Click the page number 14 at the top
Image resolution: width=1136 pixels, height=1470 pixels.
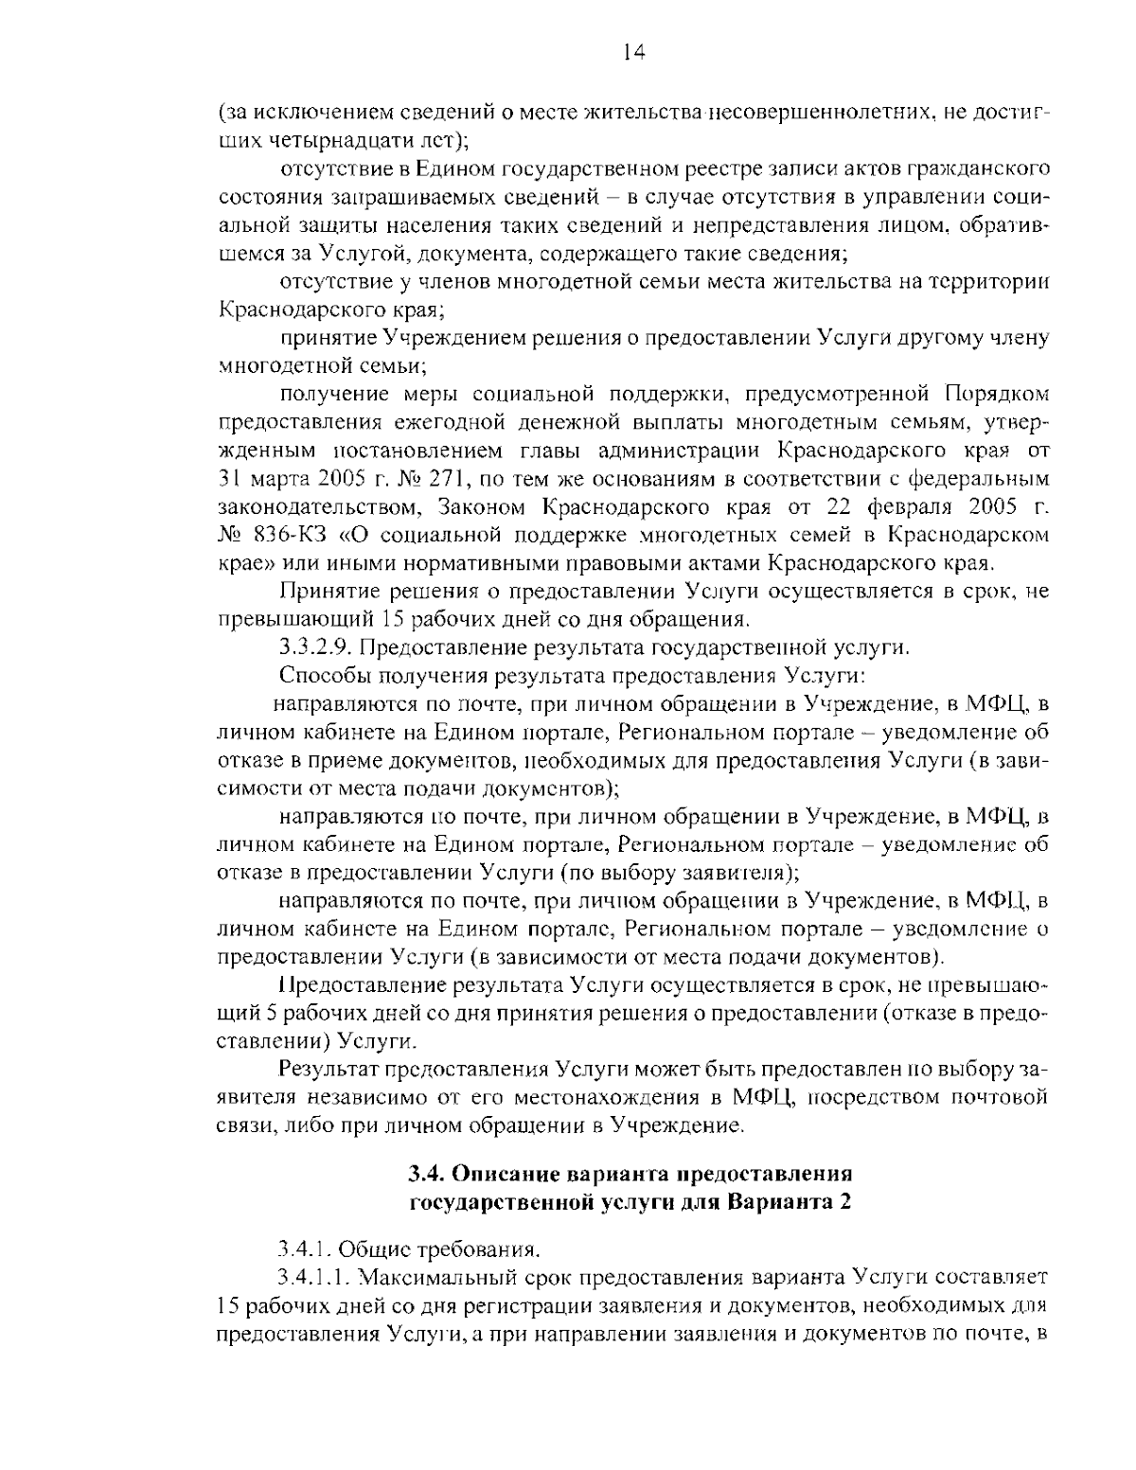pyautogui.click(x=634, y=54)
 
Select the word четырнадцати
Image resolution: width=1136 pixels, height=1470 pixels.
pyautogui.click(x=349, y=140)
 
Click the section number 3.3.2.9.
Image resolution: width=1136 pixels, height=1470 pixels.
pyautogui.click(x=317, y=648)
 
